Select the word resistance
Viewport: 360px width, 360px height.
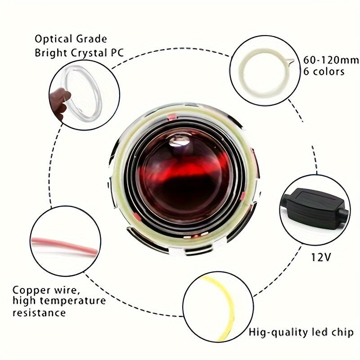pyautogui.click(x=39, y=312)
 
